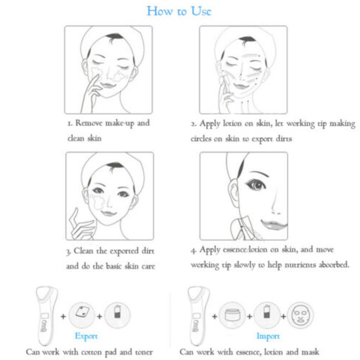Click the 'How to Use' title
pyautogui.click(x=179, y=11)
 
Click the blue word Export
pyautogui.click(x=86, y=337)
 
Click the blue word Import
pyautogui.click(x=268, y=337)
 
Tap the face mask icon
pyautogui.click(x=300, y=315)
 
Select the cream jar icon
pyautogui.click(x=232, y=315)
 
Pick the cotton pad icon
pyautogui.click(x=82, y=315)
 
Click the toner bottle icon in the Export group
pyautogui.click(x=117, y=315)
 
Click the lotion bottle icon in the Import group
pyautogui.click(x=266, y=315)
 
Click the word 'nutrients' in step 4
pyautogui.click(x=300, y=265)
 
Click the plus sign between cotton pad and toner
pyautogui.click(x=99, y=316)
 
